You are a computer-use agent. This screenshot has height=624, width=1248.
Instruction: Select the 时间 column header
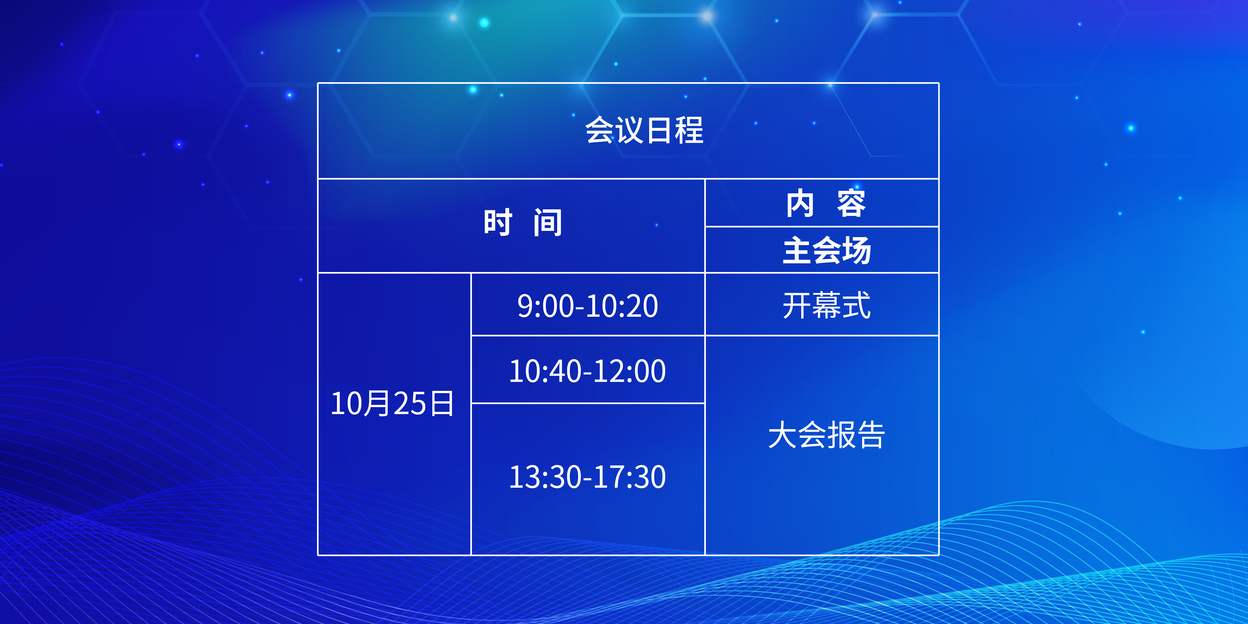523,223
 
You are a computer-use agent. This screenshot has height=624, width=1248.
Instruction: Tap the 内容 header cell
826,203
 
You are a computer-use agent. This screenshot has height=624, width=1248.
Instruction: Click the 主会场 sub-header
827,250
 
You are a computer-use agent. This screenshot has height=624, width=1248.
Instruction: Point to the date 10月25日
392,404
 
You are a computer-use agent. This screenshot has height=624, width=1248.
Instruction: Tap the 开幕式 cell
826,306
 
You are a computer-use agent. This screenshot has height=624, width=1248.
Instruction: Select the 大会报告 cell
826,435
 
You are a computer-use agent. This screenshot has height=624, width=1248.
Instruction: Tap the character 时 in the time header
497,223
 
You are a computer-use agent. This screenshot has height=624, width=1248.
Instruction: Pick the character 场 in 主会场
857,250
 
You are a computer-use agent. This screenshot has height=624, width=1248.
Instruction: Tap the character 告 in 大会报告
871,435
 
